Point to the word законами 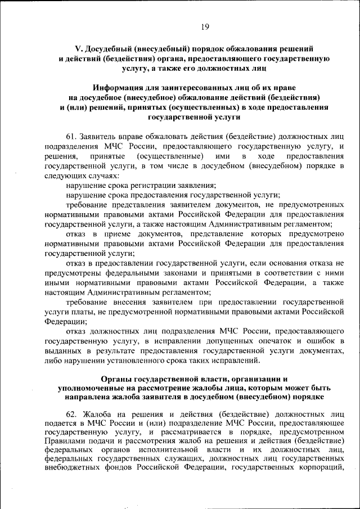pyautogui.click(x=160, y=273)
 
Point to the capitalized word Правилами pyautogui.click(x=63, y=443)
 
